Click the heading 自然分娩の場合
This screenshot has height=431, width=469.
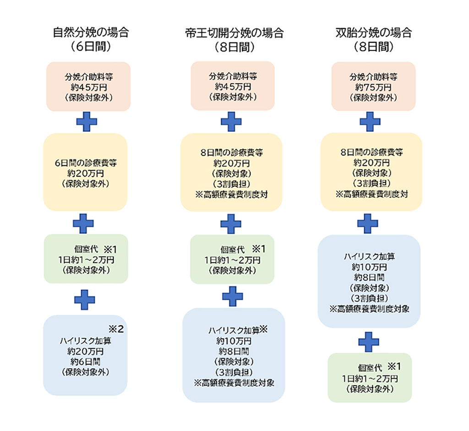click(x=91, y=32)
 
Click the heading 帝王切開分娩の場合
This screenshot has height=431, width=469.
click(x=234, y=33)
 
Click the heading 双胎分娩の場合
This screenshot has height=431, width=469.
click(x=374, y=32)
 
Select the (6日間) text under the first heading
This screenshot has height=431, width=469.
click(x=91, y=47)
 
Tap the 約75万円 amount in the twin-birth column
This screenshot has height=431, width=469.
click(x=373, y=87)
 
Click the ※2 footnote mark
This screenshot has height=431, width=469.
click(x=116, y=329)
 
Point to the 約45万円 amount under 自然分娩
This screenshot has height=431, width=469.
click(x=89, y=87)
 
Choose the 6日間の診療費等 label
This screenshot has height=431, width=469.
click(x=86, y=163)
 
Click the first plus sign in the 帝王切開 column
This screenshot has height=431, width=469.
click(x=231, y=122)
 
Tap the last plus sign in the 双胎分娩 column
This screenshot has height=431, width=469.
click(x=369, y=342)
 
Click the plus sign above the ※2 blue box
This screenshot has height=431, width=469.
click(x=85, y=300)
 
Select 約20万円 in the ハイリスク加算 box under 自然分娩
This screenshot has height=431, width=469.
click(x=85, y=351)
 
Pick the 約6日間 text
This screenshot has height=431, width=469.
click(x=85, y=361)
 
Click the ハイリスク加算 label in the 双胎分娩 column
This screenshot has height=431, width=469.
click(x=369, y=257)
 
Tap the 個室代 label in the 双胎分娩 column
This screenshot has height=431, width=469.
click(x=370, y=368)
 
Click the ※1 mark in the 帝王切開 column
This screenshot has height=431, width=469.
click(x=259, y=249)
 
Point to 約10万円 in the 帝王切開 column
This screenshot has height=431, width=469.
click(x=234, y=341)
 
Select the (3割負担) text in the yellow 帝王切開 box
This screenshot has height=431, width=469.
click(x=231, y=184)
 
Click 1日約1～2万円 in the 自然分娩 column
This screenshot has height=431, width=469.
click(x=86, y=260)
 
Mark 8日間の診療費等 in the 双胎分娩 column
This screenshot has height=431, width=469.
click(x=371, y=152)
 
